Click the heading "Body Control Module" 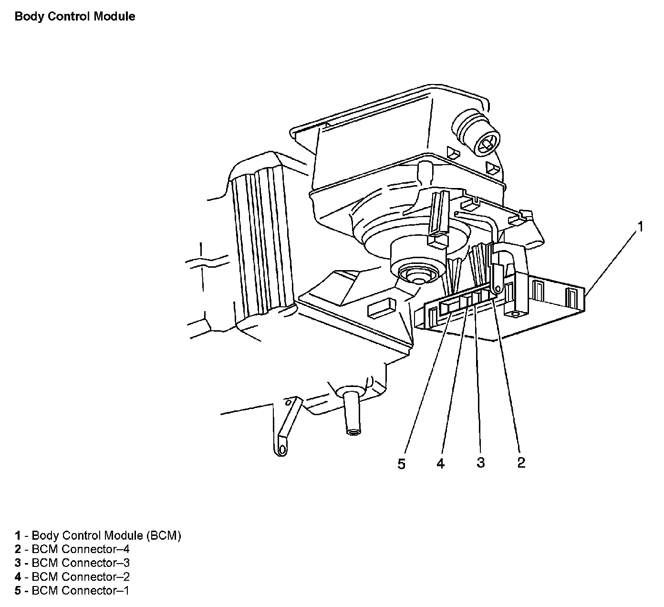(75, 17)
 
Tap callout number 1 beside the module (641, 227)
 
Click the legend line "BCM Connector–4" (72, 549)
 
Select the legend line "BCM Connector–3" (72, 563)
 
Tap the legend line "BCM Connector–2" (72, 577)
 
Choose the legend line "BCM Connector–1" (72, 591)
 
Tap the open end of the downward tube (353, 432)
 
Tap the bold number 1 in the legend (18, 535)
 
